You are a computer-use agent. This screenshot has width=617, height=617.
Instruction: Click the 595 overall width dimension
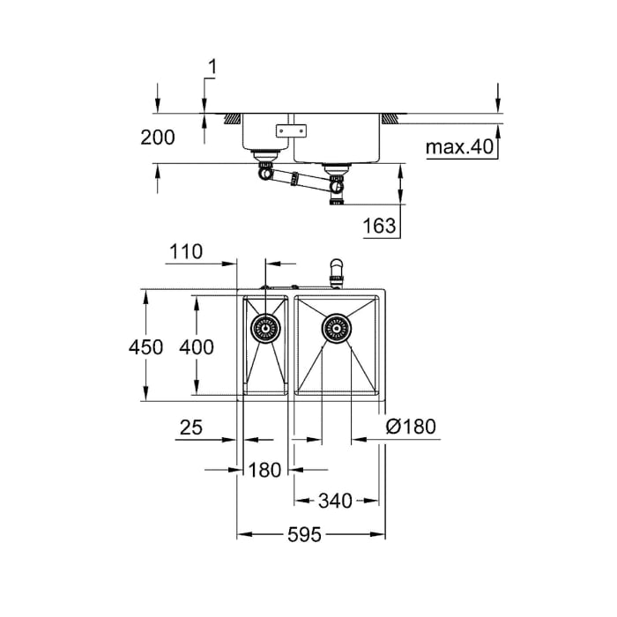[304, 534]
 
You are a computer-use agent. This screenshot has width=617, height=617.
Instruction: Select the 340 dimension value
[334, 501]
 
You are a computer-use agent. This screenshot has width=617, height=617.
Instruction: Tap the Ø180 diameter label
[412, 427]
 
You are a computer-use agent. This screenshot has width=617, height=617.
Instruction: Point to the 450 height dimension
[145, 347]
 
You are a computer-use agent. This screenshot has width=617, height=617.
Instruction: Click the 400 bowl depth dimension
[196, 347]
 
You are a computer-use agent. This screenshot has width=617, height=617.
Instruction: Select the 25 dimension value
[190, 427]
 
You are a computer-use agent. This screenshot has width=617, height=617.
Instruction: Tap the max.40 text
[457, 146]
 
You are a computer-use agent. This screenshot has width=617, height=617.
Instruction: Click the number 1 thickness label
[212, 65]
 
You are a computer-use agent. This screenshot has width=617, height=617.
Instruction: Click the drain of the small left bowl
[264, 329]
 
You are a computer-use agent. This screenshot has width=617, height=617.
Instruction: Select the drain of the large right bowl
[336, 329]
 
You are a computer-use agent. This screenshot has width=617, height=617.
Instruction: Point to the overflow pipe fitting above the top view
[334, 271]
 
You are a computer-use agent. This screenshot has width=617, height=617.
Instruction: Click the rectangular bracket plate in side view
[291, 130]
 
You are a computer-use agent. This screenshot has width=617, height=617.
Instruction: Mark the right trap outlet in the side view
[336, 187]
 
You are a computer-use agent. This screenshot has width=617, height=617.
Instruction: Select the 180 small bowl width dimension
[264, 470]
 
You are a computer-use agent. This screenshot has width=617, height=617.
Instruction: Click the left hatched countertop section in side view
[233, 117]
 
